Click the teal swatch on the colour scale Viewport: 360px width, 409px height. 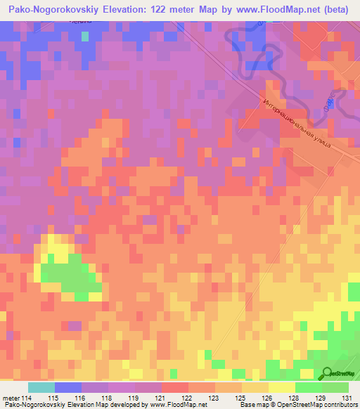tap(41, 387)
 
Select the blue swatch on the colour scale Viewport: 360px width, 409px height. tap(68, 387)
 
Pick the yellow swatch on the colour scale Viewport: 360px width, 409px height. tap(281, 387)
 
